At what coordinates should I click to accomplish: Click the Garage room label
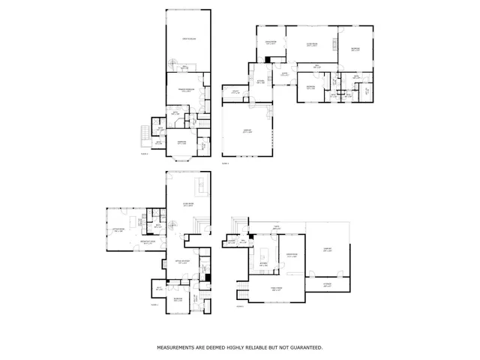247,131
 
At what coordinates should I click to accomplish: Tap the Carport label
327,250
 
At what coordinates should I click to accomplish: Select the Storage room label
327,285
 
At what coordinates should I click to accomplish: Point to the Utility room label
235,91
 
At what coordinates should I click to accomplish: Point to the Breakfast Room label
148,242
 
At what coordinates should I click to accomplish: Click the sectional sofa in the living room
200,185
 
